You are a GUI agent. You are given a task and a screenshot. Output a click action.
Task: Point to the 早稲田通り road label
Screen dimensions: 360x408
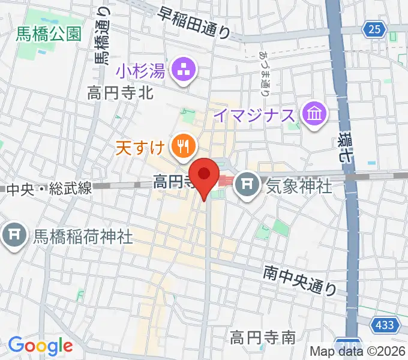(194, 25)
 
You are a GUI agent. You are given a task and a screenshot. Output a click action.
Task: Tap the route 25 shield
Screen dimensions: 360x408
(374, 28)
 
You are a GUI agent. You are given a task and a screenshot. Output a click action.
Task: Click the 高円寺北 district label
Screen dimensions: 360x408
(121, 93)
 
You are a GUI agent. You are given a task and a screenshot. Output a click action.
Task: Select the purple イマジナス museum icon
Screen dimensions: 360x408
(314, 113)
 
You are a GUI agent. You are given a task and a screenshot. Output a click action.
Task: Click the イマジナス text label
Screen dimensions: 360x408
(256, 114)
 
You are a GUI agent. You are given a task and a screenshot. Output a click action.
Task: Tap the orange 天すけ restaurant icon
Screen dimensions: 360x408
(181, 145)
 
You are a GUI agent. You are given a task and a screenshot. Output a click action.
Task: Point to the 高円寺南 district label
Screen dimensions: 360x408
(263, 338)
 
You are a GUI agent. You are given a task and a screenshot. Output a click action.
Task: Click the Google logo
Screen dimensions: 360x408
(40, 345)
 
